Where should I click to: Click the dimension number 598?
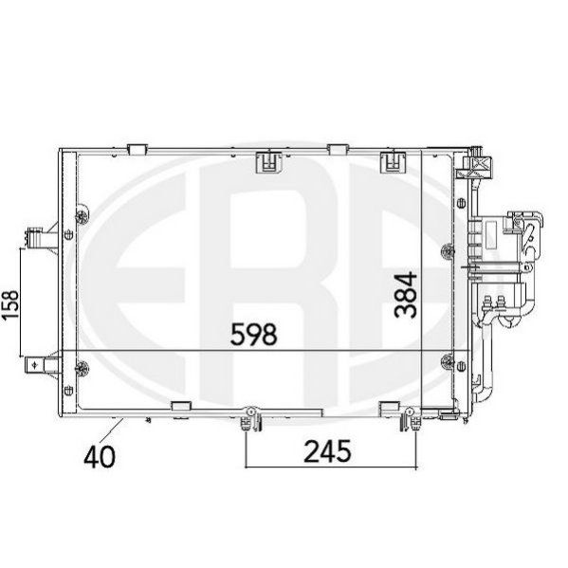click(254, 334)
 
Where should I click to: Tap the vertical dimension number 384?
click(406, 295)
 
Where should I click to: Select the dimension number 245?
click(327, 451)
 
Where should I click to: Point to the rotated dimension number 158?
click(10, 304)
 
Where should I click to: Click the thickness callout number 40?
click(100, 456)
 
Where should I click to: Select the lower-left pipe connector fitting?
click(43, 364)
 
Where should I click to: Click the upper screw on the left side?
click(82, 216)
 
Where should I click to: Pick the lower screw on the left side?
click(82, 369)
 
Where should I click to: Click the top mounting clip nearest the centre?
click(268, 162)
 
